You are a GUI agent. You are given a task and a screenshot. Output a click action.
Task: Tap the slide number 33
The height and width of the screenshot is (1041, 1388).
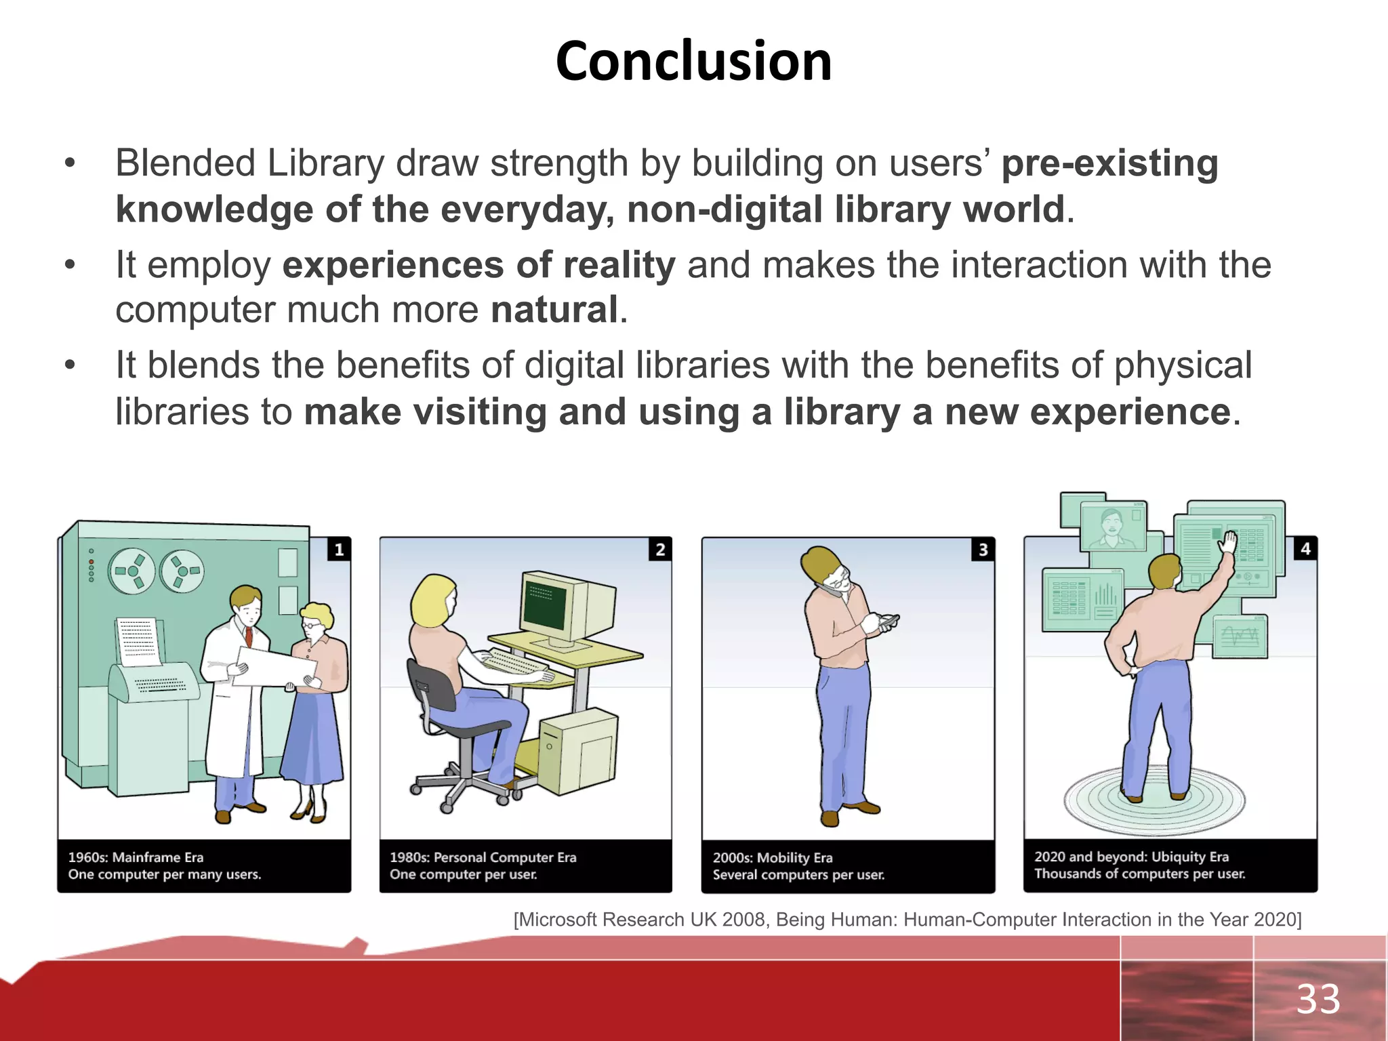(x=1318, y=999)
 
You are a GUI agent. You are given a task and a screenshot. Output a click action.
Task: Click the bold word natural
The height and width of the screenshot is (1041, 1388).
(x=554, y=310)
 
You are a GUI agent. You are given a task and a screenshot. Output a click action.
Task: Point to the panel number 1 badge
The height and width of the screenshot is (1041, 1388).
(x=339, y=548)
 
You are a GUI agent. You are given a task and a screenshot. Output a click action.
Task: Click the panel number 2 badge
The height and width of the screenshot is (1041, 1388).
(x=660, y=548)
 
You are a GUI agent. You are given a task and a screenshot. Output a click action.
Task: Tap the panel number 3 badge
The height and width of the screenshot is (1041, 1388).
(x=983, y=549)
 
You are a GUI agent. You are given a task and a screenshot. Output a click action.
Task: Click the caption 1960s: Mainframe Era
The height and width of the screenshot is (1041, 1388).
(x=136, y=857)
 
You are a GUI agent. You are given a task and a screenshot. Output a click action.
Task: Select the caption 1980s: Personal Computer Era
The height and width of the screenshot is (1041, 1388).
(x=483, y=857)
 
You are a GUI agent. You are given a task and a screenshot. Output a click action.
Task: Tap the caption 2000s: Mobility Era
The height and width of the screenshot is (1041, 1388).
(x=773, y=857)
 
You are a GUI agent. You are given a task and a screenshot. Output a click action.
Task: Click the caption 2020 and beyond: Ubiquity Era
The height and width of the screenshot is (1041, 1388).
(x=1131, y=856)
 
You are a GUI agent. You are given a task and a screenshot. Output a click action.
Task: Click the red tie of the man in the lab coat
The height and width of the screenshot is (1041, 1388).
(x=249, y=636)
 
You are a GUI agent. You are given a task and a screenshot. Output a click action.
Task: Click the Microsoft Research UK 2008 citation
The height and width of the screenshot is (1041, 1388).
(x=907, y=920)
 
